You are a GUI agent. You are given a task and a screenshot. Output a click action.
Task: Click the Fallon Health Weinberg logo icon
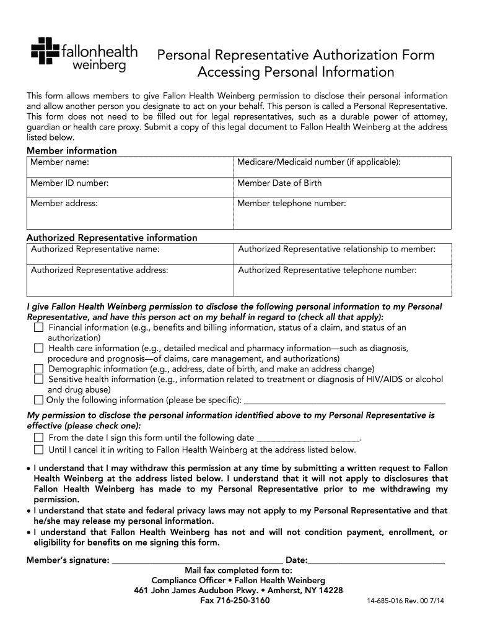tap(45, 51)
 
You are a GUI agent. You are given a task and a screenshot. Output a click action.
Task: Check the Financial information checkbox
tap(38, 328)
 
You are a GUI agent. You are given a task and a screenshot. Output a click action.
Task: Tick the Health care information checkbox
tap(38, 349)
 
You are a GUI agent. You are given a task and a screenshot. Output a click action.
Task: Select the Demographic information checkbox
tap(38, 369)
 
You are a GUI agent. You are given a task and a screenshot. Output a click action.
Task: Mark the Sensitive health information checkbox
tap(38, 379)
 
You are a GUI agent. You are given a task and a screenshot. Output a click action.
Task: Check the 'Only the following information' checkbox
tap(38, 400)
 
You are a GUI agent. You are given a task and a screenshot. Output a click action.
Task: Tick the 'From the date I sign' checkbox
tap(38, 438)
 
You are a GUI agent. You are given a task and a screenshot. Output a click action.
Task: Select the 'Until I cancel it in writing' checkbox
tap(38, 449)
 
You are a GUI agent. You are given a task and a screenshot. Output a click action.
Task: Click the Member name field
tap(129, 167)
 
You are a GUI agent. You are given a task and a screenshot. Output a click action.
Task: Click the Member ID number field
tap(129, 188)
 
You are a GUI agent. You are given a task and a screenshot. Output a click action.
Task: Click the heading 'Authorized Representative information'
tap(112, 238)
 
